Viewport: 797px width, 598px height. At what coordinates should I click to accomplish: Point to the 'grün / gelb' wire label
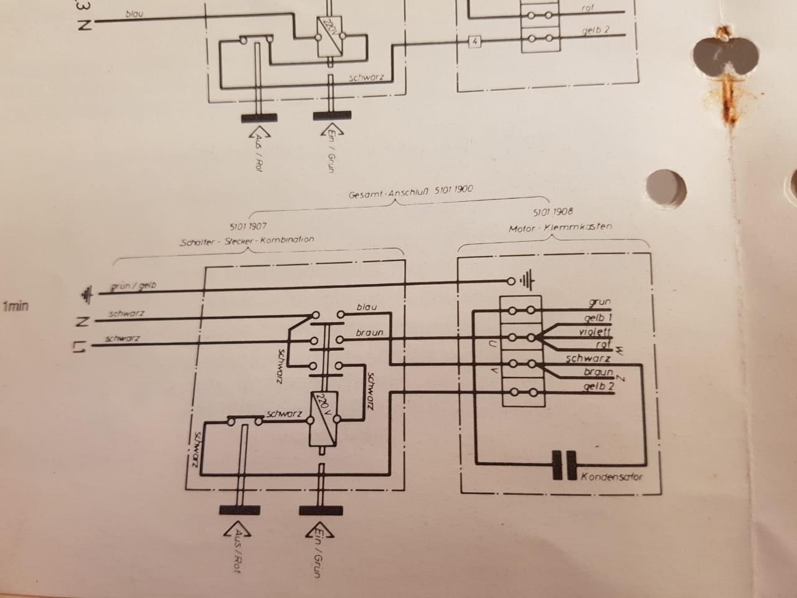pyautogui.click(x=133, y=286)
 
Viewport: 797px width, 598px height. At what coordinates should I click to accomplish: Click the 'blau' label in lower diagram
pyautogui.click(x=367, y=307)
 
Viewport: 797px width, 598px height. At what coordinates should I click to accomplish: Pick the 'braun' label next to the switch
pyautogui.click(x=369, y=333)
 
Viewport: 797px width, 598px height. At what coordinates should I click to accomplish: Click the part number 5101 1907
pyautogui.click(x=248, y=227)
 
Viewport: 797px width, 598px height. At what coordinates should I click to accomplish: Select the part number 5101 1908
pyautogui.click(x=553, y=212)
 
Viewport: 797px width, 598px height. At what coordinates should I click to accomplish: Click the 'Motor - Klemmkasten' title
pyautogui.click(x=560, y=227)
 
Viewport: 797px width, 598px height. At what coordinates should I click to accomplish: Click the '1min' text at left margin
pyautogui.click(x=16, y=306)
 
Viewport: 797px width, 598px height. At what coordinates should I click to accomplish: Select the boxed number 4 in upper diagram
pyautogui.click(x=475, y=42)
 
